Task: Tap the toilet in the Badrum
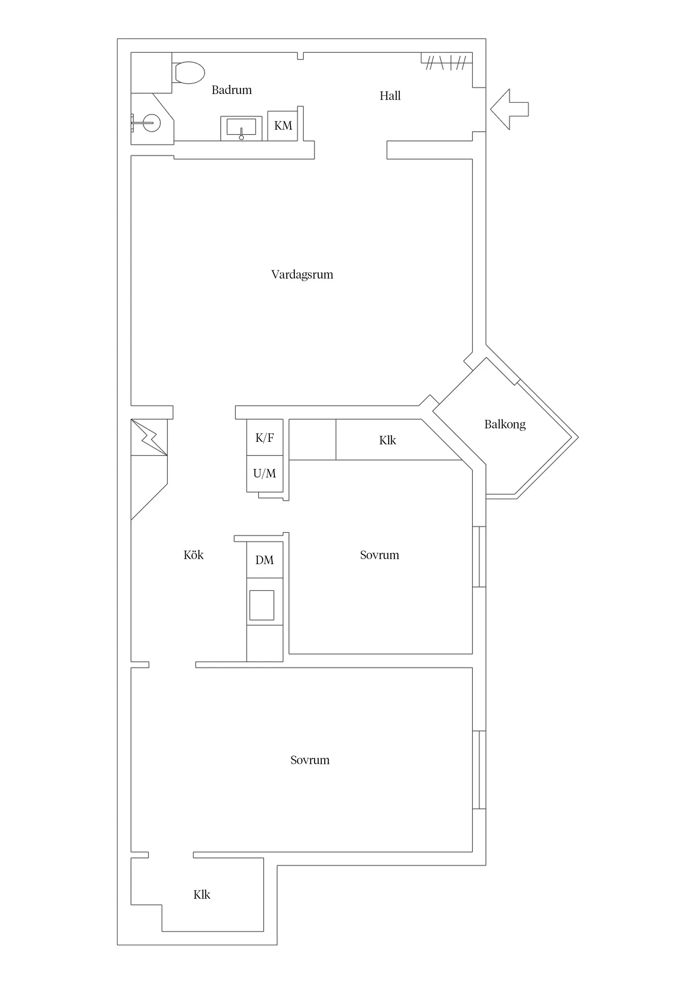[x=189, y=73]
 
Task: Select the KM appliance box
[x=283, y=126]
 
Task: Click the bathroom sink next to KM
[x=241, y=128]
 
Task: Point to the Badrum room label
[x=232, y=90]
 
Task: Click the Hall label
[x=390, y=96]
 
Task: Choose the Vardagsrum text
[x=302, y=275]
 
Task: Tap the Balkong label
[x=505, y=424]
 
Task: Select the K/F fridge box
[x=264, y=437]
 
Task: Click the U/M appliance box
[x=264, y=473]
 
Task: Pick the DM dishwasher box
[x=264, y=560]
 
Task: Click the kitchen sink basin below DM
[x=262, y=605]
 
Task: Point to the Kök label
[x=194, y=555]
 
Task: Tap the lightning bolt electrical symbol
[x=149, y=437]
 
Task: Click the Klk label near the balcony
[x=387, y=440]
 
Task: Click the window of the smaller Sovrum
[x=479, y=557]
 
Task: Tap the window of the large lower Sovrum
[x=479, y=770]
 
